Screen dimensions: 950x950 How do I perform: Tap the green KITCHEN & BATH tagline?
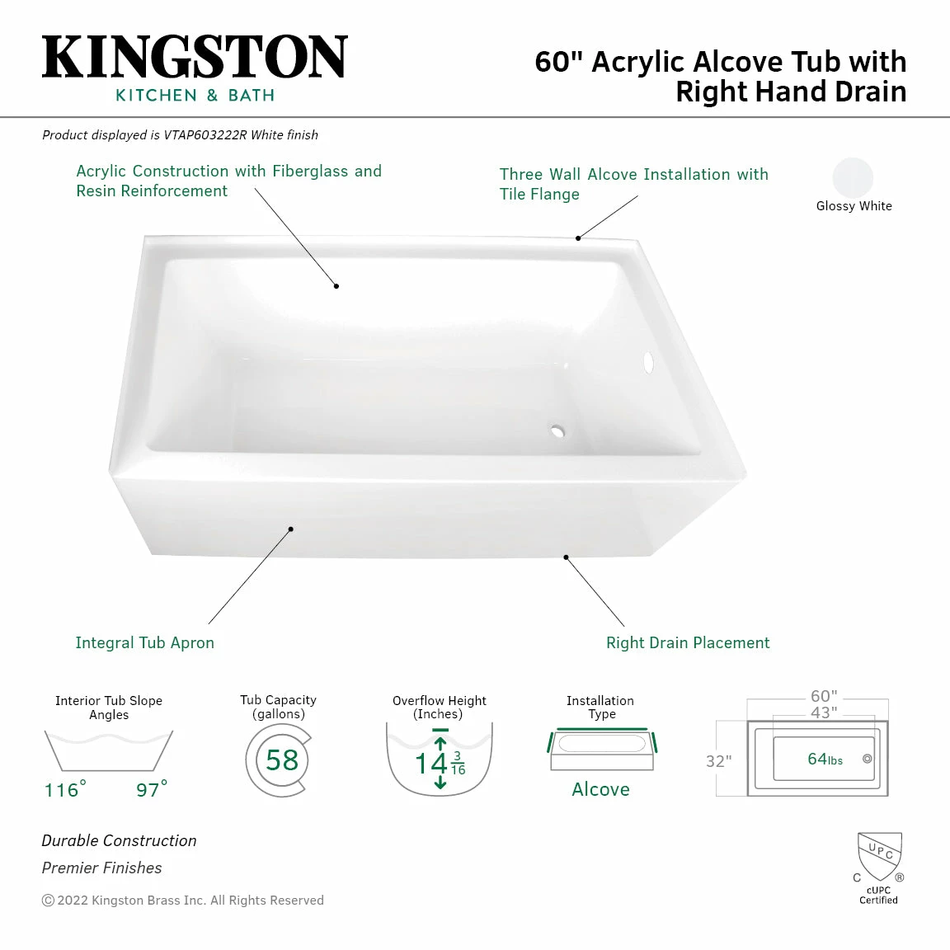pyautogui.click(x=195, y=96)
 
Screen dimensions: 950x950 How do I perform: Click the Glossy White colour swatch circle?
pyautogui.click(x=853, y=177)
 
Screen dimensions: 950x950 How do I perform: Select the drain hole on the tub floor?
pyautogui.click(x=557, y=430)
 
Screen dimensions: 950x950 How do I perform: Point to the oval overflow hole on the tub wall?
pyautogui.click(x=648, y=362)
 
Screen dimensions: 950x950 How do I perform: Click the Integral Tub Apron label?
pyautogui.click(x=144, y=642)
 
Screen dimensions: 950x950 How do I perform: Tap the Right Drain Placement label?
pyautogui.click(x=688, y=642)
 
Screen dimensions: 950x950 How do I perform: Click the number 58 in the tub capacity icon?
pyautogui.click(x=281, y=760)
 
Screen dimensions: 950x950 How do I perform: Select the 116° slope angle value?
pyautogui.click(x=65, y=789)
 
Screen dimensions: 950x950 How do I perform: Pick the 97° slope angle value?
pyautogui.click(x=152, y=789)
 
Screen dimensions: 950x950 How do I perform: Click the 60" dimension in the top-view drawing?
pyautogui.click(x=823, y=697)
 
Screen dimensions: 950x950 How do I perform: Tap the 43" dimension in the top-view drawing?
pyautogui.click(x=823, y=712)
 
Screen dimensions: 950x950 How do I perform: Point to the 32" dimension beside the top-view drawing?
pyautogui.click(x=718, y=761)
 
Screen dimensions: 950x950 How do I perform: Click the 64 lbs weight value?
pyautogui.click(x=825, y=760)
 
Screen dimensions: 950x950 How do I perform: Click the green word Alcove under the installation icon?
pyautogui.click(x=600, y=789)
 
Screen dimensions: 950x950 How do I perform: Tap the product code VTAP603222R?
pyautogui.click(x=205, y=135)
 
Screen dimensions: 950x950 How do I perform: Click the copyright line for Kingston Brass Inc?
pyautogui.click(x=183, y=901)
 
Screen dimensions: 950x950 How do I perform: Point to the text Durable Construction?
pyautogui.click(x=120, y=840)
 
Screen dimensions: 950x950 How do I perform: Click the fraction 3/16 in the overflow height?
pyautogui.click(x=458, y=763)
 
